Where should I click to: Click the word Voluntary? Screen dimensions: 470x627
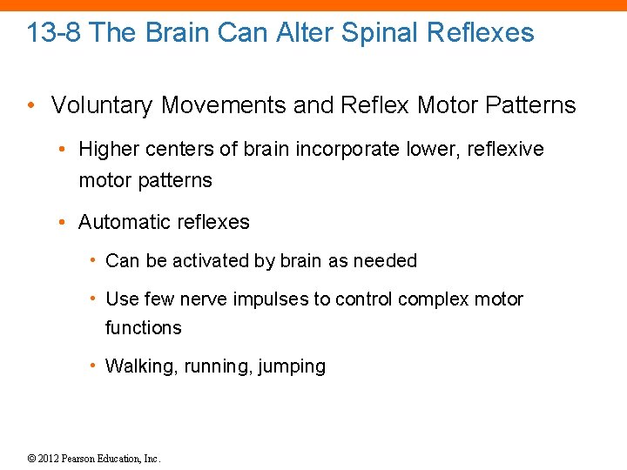tap(100, 105)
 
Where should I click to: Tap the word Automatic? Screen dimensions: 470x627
tap(121, 222)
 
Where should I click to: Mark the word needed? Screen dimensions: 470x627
tap(388, 260)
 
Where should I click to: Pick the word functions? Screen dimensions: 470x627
tap(144, 327)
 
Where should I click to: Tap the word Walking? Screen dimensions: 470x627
tap(140, 366)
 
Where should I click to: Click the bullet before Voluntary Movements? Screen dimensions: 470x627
tap(30, 105)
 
